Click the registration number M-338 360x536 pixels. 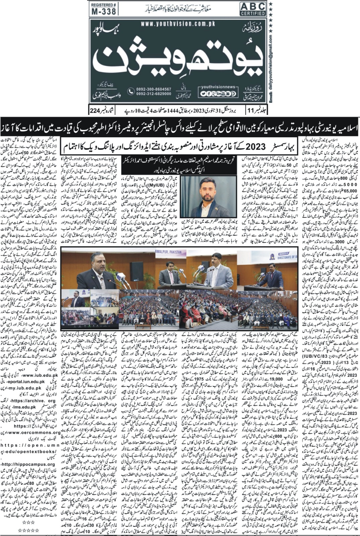tap(104, 11)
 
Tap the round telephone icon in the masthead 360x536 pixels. tap(131, 91)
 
